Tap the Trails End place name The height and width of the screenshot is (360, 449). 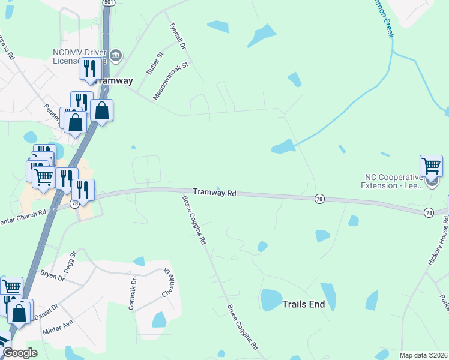point(303,304)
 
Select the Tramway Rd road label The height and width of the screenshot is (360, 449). point(215,193)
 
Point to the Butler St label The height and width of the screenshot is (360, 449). point(155,63)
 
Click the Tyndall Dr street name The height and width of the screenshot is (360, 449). point(178,37)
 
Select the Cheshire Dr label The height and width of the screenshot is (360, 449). point(169,283)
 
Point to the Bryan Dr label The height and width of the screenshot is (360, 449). point(52,276)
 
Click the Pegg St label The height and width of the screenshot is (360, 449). point(71,262)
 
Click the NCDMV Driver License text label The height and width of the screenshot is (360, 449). point(80,56)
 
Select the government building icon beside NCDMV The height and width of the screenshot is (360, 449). point(116,56)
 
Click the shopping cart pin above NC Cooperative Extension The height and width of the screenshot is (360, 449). point(431,165)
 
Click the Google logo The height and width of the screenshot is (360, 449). point(19,353)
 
